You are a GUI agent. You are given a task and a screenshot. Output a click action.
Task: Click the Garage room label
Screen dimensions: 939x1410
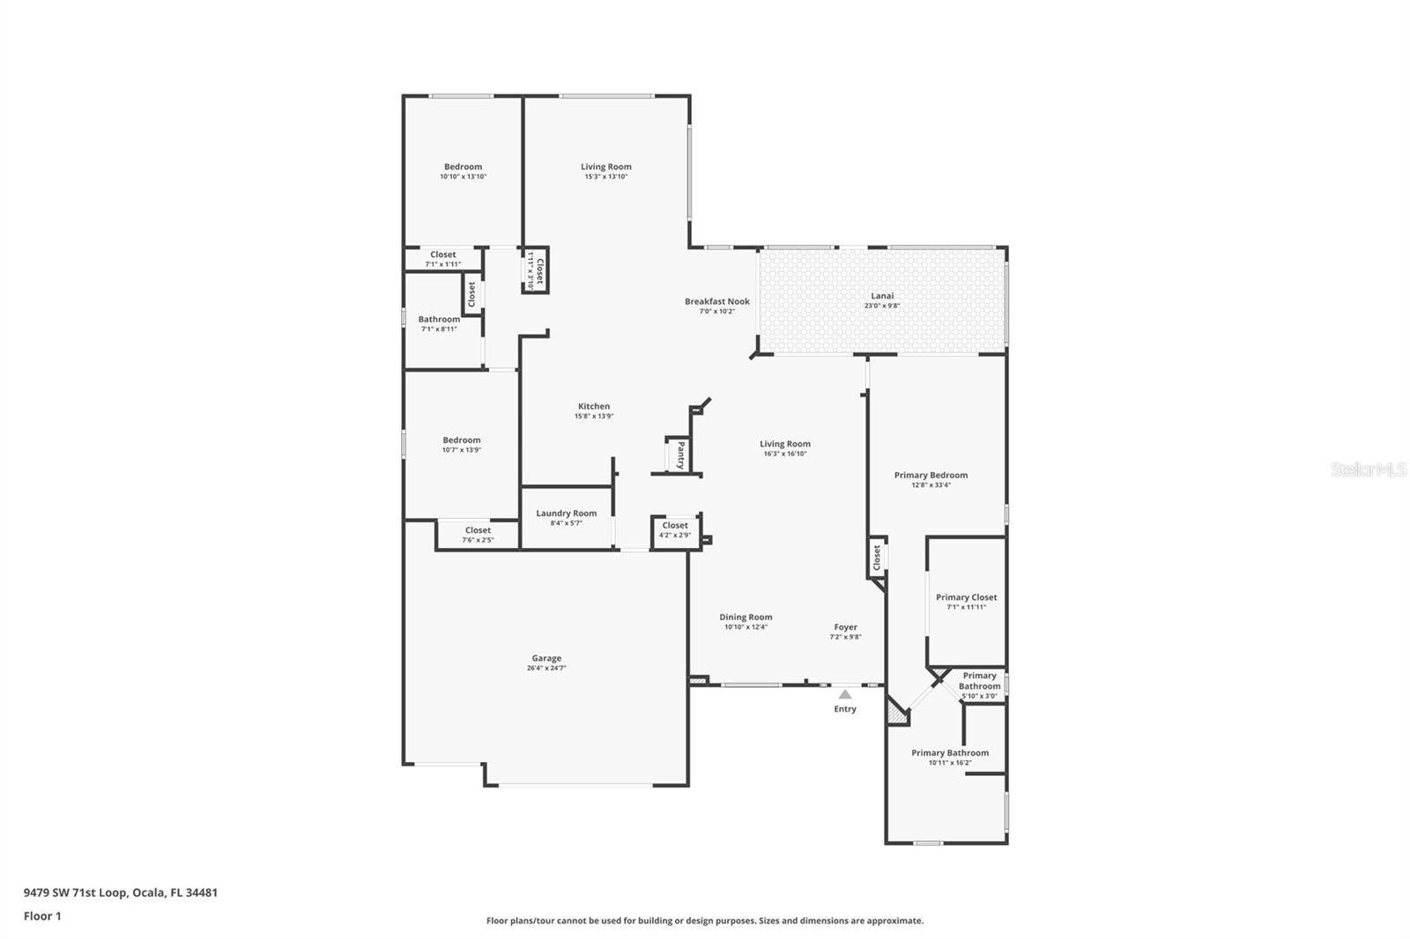click(x=546, y=658)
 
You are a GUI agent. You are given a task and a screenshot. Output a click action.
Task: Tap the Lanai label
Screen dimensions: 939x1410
click(x=882, y=296)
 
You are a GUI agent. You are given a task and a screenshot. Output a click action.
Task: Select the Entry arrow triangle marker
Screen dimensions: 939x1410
click(x=845, y=694)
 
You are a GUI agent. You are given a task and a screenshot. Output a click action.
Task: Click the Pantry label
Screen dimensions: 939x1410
click(x=681, y=455)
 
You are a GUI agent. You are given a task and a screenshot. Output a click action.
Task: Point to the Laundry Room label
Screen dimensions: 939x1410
click(x=566, y=513)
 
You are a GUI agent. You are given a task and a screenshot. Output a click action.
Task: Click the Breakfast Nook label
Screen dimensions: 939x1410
click(x=717, y=301)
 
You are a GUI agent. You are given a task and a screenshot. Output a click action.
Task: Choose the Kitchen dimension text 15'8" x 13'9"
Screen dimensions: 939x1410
click(x=594, y=416)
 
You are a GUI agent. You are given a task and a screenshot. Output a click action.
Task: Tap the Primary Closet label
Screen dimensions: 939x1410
click(x=966, y=597)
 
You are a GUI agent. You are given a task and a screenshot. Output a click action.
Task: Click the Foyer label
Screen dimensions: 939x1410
click(x=845, y=627)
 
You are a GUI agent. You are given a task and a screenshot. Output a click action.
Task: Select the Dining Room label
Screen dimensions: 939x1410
click(x=746, y=617)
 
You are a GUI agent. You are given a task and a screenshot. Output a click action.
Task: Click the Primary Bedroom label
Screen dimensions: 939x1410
click(x=931, y=475)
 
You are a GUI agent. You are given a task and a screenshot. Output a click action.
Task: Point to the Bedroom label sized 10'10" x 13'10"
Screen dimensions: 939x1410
click(x=463, y=166)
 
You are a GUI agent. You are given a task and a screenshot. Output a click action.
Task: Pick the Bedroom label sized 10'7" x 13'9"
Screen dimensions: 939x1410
click(x=462, y=440)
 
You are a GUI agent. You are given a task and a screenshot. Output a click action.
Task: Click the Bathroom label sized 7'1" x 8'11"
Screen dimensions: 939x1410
click(x=439, y=319)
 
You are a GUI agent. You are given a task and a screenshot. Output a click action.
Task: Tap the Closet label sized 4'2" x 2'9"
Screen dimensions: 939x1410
click(x=675, y=525)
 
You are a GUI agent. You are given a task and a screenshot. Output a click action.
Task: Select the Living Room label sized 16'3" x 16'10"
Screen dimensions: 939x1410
click(x=785, y=444)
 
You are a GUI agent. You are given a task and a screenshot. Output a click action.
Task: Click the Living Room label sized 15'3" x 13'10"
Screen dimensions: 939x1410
click(x=605, y=166)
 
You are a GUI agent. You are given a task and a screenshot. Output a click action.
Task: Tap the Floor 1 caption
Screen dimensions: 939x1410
click(x=42, y=916)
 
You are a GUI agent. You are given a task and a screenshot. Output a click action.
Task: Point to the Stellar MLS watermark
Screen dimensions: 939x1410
click(x=1368, y=469)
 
